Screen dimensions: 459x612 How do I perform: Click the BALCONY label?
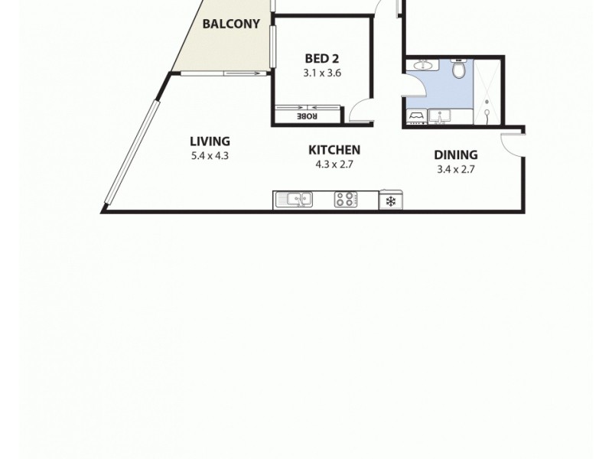coord(226,24)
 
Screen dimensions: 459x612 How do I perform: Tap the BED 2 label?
coord(322,59)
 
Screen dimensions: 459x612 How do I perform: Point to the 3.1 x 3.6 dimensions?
coord(322,73)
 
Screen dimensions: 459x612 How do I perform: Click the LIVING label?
coord(210,141)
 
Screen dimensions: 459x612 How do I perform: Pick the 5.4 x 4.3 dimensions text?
coord(210,155)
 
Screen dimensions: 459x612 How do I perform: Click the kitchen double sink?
coord(295,200)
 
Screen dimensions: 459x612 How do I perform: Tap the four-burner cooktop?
coord(345,200)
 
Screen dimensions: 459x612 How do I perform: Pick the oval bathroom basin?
coord(422,67)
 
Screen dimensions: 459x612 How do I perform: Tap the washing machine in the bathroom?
coord(416,116)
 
